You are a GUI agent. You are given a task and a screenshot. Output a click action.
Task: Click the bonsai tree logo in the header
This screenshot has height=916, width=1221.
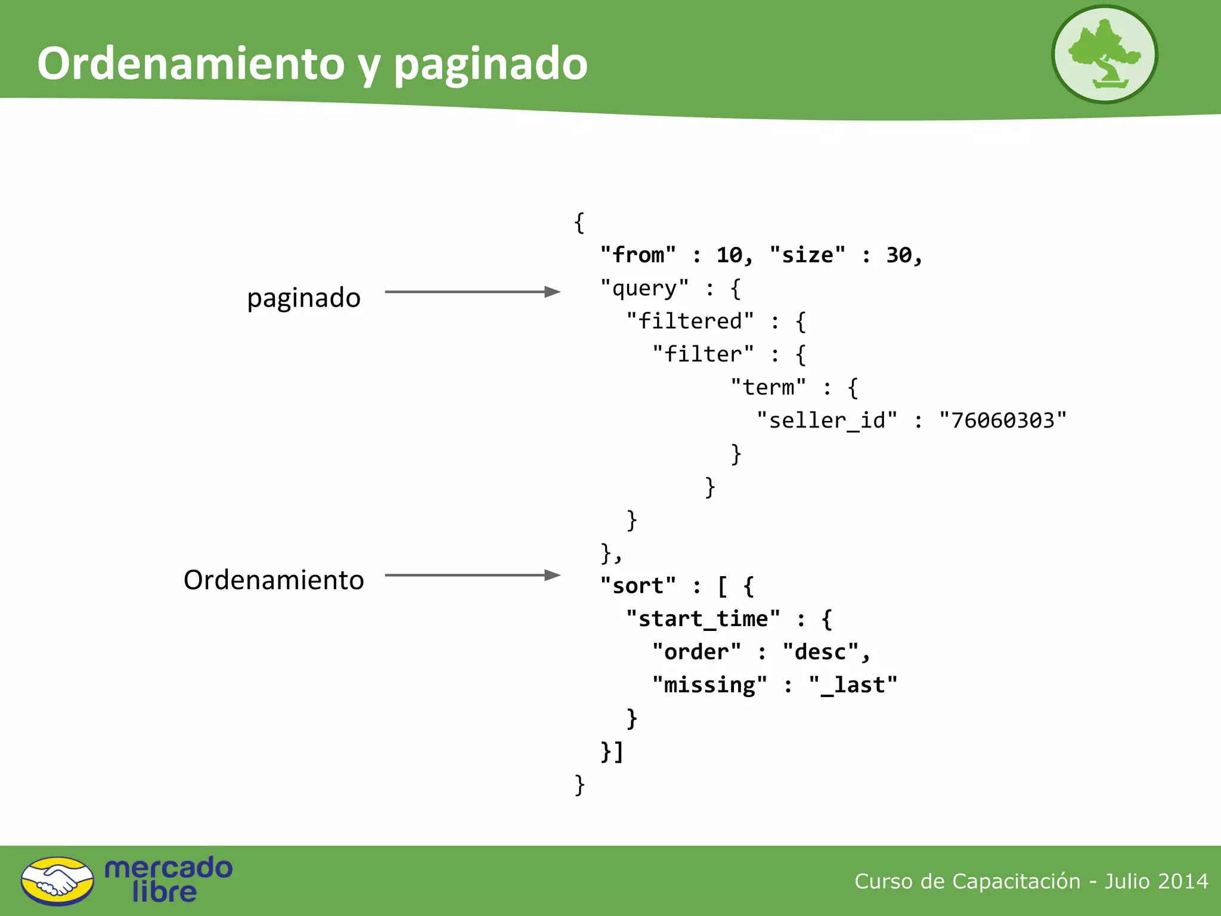(1104, 54)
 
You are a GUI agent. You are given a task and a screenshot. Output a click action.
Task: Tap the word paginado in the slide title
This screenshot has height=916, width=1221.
(490, 64)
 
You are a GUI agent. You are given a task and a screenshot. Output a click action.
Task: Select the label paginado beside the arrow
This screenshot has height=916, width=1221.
(303, 298)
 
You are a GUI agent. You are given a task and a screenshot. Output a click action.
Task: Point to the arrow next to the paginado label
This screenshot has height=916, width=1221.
(472, 292)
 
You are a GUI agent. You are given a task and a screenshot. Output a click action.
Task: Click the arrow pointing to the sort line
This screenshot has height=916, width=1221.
(472, 575)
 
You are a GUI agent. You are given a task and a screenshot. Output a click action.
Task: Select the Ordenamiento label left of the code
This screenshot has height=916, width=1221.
(274, 580)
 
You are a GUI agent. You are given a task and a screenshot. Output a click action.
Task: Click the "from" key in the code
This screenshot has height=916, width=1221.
(638, 255)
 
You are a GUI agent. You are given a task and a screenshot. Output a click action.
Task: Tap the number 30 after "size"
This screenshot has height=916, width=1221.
(899, 255)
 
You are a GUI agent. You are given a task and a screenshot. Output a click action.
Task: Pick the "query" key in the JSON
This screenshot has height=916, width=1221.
(644, 289)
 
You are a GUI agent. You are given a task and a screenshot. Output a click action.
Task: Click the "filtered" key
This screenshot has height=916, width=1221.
(690, 321)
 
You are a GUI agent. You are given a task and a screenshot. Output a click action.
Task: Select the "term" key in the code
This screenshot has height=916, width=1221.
(768, 388)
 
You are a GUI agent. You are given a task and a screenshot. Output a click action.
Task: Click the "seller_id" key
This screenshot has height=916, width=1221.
(826, 420)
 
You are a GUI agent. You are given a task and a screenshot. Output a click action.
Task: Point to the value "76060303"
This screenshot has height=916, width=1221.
(1003, 420)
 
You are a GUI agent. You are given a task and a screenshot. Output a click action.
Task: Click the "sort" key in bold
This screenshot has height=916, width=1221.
(638, 586)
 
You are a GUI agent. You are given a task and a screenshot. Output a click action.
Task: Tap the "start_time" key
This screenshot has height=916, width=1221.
(703, 619)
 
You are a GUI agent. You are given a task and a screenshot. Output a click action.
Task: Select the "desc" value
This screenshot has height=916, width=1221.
(820, 652)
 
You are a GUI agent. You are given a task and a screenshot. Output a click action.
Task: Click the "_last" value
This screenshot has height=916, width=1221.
(853, 685)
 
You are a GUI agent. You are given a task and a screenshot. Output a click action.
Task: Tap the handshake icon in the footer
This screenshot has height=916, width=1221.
(57, 881)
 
